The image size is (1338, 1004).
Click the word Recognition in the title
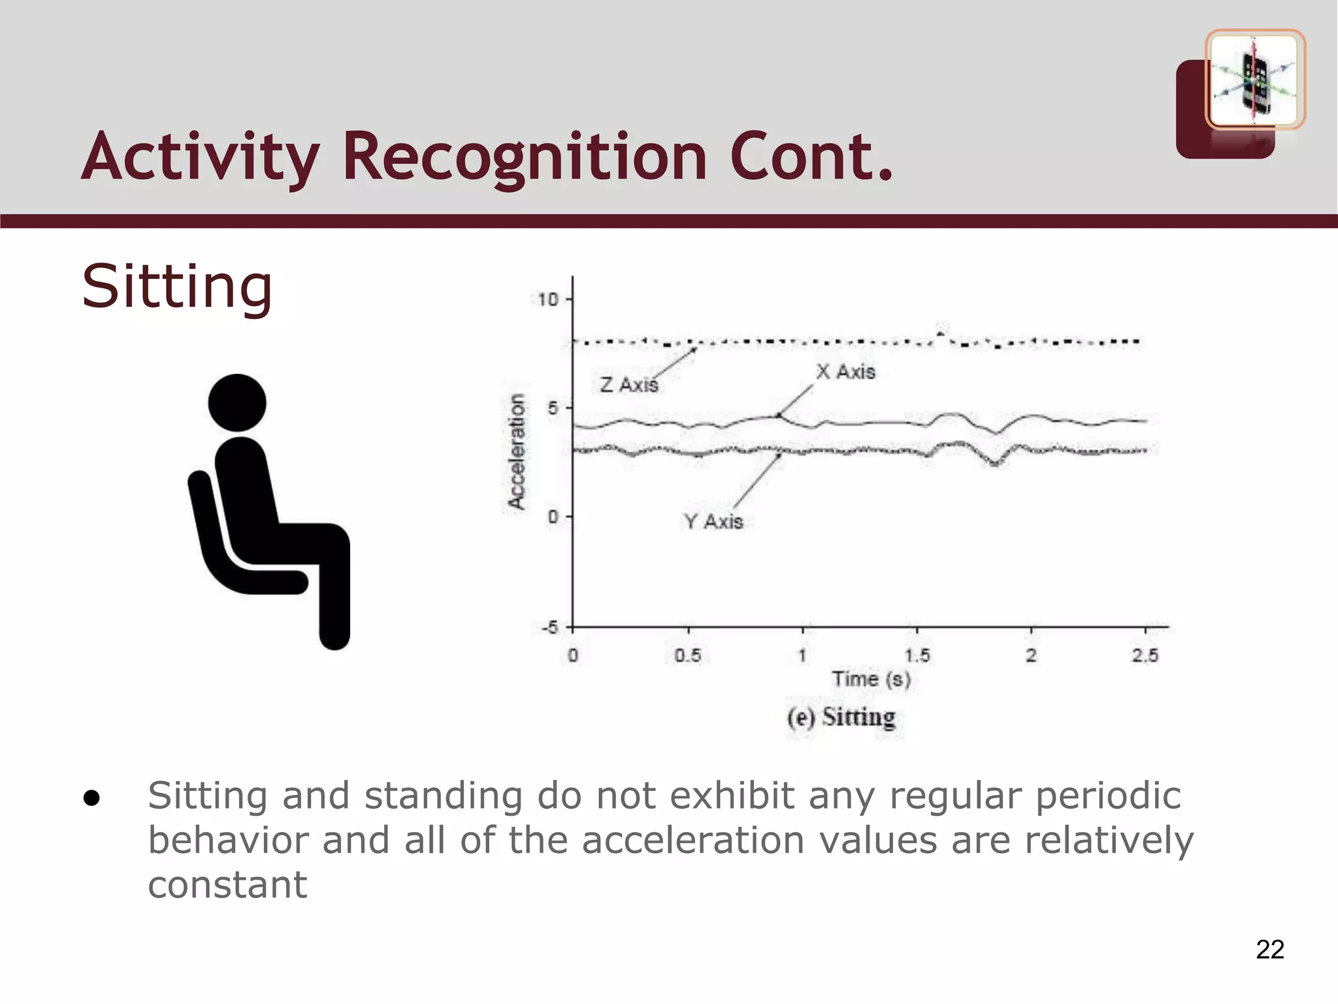click(x=525, y=157)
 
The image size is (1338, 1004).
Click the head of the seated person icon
click(x=237, y=403)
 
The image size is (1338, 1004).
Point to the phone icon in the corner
click(x=1254, y=80)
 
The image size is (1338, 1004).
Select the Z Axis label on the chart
click(x=628, y=384)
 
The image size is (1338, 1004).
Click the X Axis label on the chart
click(x=845, y=372)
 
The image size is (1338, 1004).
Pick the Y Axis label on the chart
click(x=713, y=522)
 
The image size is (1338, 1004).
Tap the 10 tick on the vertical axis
click(x=547, y=299)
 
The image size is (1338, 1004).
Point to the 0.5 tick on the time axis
click(x=687, y=656)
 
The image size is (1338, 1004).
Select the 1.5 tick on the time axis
click(x=917, y=656)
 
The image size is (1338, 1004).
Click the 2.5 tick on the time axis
click(x=1145, y=656)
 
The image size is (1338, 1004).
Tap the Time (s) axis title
click(x=871, y=679)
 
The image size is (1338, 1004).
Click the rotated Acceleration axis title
click(x=517, y=451)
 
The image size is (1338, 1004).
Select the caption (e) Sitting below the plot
click(x=841, y=717)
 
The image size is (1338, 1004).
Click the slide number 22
click(x=1269, y=949)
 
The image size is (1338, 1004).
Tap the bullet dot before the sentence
click(x=91, y=798)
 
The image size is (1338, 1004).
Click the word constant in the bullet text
click(x=227, y=885)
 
